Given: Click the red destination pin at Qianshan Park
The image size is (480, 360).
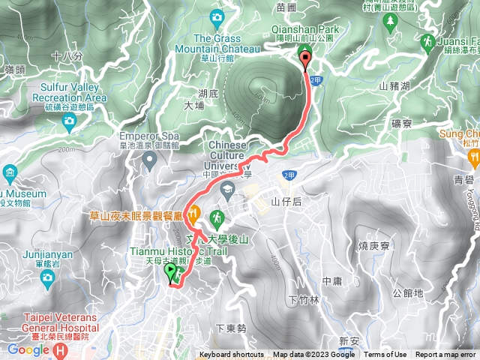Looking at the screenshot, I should (x=305, y=55).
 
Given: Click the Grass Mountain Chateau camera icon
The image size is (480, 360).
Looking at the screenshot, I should (x=217, y=16).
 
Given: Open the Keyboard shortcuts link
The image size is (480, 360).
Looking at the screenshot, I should (x=232, y=355).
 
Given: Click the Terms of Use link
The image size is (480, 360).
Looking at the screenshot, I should (x=385, y=355).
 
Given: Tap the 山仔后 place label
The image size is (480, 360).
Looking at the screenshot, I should (x=286, y=201).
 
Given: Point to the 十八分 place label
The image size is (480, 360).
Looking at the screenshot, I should (x=67, y=55).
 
